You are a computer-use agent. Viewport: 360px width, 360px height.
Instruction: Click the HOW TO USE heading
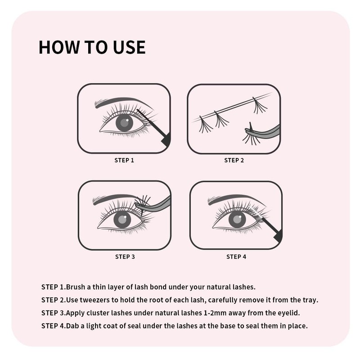coord(92,47)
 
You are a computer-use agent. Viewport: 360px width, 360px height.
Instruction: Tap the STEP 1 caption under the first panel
coord(124,160)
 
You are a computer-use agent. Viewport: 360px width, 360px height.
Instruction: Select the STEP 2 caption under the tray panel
coord(234,160)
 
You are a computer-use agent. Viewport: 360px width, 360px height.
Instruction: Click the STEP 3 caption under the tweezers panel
coord(125,257)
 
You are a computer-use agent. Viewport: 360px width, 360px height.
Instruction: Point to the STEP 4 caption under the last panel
coord(236,257)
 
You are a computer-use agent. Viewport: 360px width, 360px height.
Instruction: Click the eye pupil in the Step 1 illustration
coord(125,123)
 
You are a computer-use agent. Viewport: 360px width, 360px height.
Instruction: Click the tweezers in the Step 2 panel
coord(265,131)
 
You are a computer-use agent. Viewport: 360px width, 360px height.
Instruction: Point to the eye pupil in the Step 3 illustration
coord(122,220)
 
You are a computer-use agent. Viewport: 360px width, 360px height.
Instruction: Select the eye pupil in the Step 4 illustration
coord(237,219)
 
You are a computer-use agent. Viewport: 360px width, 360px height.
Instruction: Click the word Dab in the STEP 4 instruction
coord(73,325)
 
